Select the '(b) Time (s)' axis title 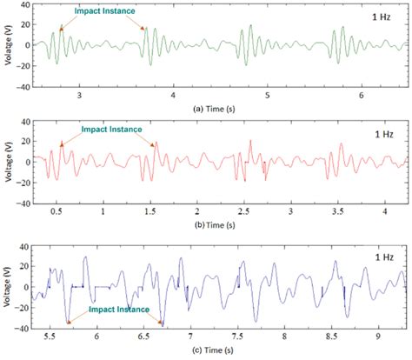tap(215, 223)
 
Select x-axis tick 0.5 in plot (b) tap(57, 211)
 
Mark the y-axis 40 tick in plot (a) tap(26, 6)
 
